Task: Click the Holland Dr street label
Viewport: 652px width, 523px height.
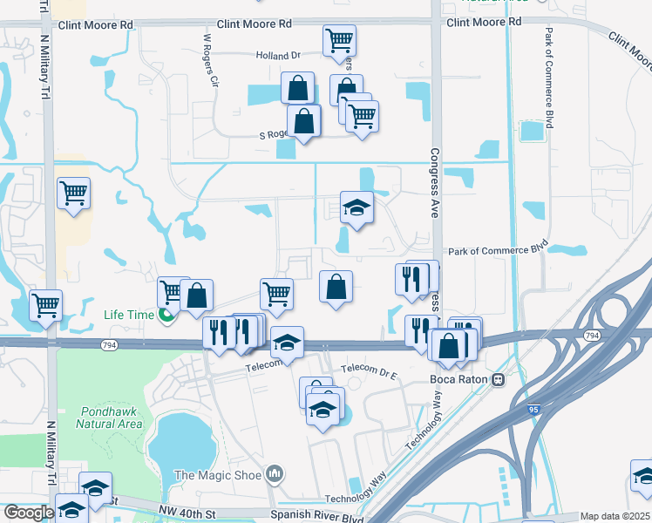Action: pos(278,55)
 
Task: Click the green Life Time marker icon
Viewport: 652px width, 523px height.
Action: pos(165,315)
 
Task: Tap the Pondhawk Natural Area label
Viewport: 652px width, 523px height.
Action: pos(109,418)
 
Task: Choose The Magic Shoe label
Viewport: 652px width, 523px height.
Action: pos(219,475)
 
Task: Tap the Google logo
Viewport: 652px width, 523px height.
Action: pos(29,513)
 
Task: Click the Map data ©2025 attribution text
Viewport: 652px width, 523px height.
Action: pos(615,516)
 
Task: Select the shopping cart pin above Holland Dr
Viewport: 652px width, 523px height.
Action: pos(339,39)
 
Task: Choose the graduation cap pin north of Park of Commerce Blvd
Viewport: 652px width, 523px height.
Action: pos(357,207)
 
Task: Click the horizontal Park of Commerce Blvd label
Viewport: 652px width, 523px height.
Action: pos(498,251)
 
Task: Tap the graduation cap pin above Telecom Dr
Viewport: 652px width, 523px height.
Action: pos(287,343)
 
